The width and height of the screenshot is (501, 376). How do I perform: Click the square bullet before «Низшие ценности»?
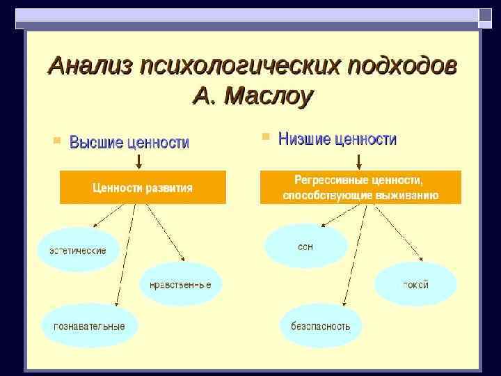pyautogui.click(x=265, y=137)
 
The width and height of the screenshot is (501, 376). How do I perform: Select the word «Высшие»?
pyautogui.click(x=97, y=143)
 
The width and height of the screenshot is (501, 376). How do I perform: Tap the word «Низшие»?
pyautogui.click(x=304, y=139)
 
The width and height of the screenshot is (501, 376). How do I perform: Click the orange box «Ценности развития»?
pyautogui.click(x=143, y=188)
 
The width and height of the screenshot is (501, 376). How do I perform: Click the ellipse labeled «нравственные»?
pyautogui.click(x=180, y=285)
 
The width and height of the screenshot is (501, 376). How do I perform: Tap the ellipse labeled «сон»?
pyautogui.click(x=305, y=246)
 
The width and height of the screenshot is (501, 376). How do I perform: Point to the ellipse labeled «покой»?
pyautogui.click(x=415, y=284)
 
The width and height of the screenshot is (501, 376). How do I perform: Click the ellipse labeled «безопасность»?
pyautogui.click(x=321, y=325)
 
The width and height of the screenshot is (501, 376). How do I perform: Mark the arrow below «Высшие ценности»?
pyautogui.click(x=138, y=162)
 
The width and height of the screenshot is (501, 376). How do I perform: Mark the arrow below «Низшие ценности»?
pyautogui.click(x=359, y=162)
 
